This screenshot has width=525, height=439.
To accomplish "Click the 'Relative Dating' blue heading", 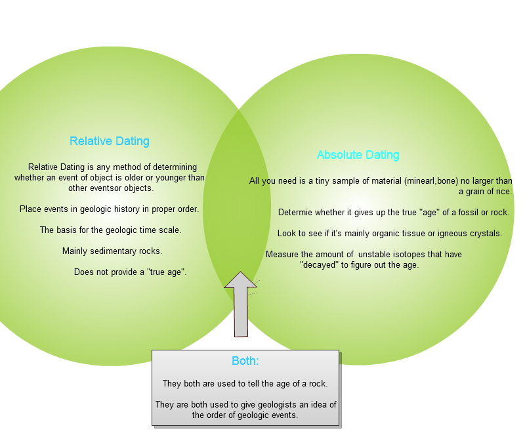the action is (x=110, y=141).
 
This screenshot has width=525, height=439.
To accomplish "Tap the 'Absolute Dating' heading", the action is (x=358, y=155).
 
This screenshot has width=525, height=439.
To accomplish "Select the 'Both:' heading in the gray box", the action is (x=245, y=361).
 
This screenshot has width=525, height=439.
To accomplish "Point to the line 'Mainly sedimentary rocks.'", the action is (x=112, y=251).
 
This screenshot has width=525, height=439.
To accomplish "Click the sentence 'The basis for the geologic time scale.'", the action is (x=110, y=230).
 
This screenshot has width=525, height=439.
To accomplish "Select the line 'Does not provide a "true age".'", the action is (x=130, y=272).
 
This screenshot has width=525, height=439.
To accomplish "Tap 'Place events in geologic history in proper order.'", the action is (x=109, y=209).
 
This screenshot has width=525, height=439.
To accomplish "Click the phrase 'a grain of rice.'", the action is (x=485, y=192).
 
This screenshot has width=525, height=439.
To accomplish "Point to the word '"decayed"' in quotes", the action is (x=319, y=265).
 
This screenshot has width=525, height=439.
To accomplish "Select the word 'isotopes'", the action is (x=408, y=255).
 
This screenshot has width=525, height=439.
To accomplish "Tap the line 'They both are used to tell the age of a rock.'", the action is (x=245, y=384).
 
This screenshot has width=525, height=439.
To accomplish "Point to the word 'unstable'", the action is (x=374, y=255).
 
